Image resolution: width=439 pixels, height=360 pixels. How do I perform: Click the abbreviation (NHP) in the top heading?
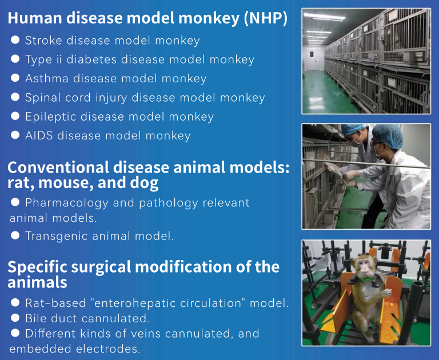pos(266,18)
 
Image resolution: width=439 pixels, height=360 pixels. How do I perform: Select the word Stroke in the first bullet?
pos(43,41)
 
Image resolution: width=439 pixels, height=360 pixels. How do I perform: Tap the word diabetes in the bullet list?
pos(91,59)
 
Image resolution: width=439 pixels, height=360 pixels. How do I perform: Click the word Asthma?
pos(47,78)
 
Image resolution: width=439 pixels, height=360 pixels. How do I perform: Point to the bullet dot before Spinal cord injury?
pos(15,97)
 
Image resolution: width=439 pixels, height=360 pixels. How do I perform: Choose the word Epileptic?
pos(50,117)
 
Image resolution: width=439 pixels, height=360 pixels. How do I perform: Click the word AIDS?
pos(39,135)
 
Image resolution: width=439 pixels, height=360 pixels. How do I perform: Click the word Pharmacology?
pos(67,203)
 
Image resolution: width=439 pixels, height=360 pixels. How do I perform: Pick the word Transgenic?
pos(56,236)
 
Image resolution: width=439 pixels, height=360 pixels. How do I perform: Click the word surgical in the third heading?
pos(101,267)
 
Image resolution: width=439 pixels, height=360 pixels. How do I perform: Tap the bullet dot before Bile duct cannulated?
pos(15,318)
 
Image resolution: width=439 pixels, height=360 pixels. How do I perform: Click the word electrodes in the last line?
pos(109,349)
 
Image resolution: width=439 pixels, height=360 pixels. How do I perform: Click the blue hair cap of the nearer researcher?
pos(388,136)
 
